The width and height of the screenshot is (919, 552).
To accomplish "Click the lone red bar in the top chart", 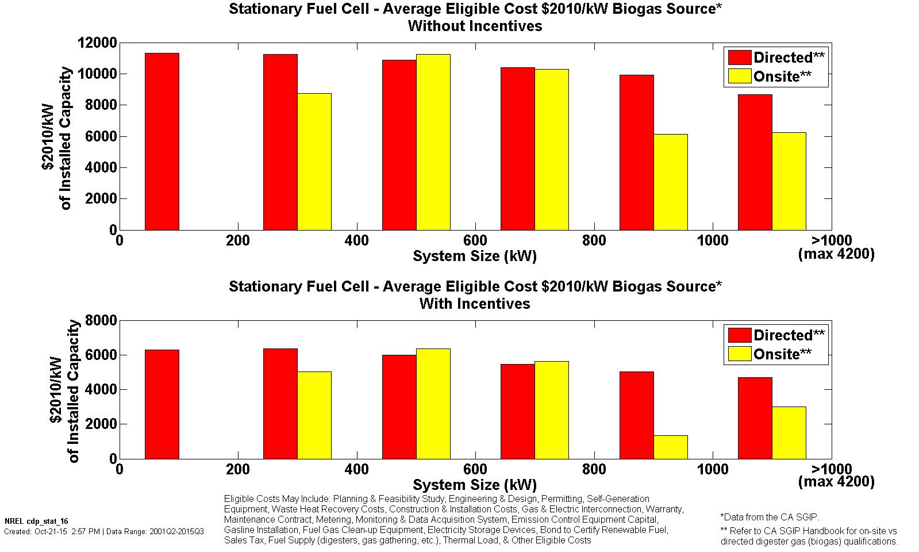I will click(162, 141).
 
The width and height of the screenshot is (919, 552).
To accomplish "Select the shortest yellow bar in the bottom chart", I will click(670, 447).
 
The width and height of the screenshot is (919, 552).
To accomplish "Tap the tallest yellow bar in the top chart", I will click(433, 142).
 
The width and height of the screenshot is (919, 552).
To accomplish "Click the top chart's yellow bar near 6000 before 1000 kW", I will click(670, 182).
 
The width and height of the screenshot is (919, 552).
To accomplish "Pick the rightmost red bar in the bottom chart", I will click(755, 418).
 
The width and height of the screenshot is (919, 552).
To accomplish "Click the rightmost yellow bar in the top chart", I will click(789, 181).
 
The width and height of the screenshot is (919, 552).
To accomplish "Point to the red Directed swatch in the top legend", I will click(739, 57).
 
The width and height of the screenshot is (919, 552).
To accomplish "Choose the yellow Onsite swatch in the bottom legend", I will click(739, 354).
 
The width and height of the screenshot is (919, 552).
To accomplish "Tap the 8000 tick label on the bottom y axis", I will click(101, 320).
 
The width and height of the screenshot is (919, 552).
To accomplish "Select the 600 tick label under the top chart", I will click(475, 240).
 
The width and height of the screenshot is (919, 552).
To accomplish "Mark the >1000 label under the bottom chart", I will click(831, 469).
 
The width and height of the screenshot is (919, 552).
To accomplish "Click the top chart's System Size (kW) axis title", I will click(475, 256).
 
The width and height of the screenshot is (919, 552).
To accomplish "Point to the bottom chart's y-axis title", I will click(64, 391).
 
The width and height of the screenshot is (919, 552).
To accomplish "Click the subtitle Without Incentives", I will click(475, 26).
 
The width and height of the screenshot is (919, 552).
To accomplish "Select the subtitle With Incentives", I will click(475, 304).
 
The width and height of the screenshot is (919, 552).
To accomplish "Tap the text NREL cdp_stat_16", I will click(36, 521).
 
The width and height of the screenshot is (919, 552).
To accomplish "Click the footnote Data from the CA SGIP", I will click(770, 517).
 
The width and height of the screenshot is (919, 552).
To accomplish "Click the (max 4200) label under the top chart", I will click(836, 254).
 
